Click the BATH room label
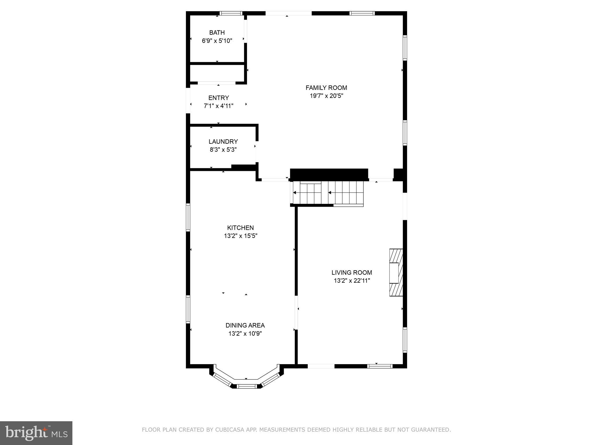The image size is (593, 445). pyautogui.click(x=217, y=32)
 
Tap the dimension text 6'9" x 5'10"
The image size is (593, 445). pyautogui.click(x=217, y=41)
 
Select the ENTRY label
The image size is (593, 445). pyautogui.click(x=219, y=98)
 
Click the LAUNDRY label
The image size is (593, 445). pyautogui.click(x=223, y=141)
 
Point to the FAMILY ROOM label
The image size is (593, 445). pyautogui.click(x=326, y=87)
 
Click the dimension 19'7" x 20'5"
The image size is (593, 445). pyautogui.click(x=326, y=96)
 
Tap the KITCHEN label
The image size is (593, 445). pyautogui.click(x=240, y=228)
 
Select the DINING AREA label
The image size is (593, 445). pyautogui.click(x=245, y=325)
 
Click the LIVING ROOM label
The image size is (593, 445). pyautogui.click(x=352, y=272)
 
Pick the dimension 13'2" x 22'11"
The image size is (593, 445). pyautogui.click(x=352, y=281)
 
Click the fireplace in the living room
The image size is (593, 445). pyautogui.click(x=396, y=272)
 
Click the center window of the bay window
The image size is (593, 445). pyautogui.click(x=246, y=386)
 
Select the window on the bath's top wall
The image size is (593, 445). pyautogui.click(x=230, y=13)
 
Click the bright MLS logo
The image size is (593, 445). pyautogui.click(x=36, y=433)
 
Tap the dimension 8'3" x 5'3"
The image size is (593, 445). pyautogui.click(x=223, y=150)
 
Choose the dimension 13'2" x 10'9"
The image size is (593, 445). pyautogui.click(x=245, y=334)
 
